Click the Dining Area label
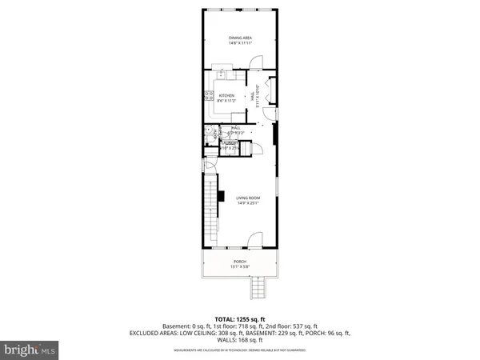pyautogui.click(x=239, y=38)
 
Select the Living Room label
pyautogui.click(x=249, y=198)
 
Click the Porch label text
pyautogui.click(x=239, y=261)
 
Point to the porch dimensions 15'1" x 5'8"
pyautogui.click(x=239, y=266)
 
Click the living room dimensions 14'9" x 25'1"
pyautogui.click(x=249, y=203)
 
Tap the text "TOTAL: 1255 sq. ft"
pyautogui.click(x=239, y=318)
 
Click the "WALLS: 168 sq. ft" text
pyautogui.click(x=239, y=339)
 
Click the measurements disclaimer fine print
pyautogui.click(x=239, y=349)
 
